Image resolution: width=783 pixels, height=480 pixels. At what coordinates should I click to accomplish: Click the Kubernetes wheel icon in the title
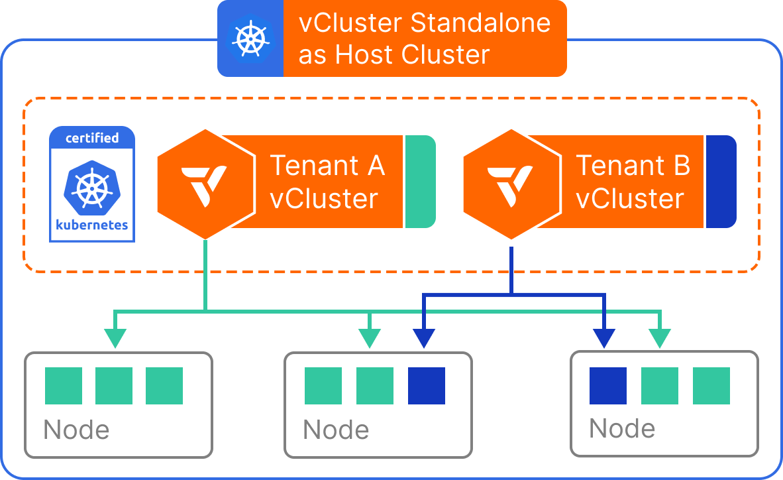click(250, 38)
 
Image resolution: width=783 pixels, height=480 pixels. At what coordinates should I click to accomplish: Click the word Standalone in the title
click(480, 23)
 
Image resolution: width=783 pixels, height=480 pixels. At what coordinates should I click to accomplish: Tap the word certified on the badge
click(92, 138)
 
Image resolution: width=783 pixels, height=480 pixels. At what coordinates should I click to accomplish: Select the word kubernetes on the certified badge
click(92, 225)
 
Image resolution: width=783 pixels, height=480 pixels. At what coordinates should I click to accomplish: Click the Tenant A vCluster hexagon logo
click(205, 183)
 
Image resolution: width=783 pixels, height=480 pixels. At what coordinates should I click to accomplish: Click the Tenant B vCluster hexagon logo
click(511, 183)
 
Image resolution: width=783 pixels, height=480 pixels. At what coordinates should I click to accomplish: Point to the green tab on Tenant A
click(420, 182)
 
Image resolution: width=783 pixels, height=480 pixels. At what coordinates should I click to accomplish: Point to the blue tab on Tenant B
click(721, 182)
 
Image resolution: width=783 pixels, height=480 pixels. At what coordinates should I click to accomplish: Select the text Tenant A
click(327, 165)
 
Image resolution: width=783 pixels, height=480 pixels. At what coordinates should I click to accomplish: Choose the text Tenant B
click(633, 165)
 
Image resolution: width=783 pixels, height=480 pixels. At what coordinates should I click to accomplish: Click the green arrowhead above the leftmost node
click(115, 339)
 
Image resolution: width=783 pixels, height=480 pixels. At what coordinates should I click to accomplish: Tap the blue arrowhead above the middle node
click(424, 339)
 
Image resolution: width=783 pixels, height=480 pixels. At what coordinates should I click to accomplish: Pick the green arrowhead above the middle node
click(370, 339)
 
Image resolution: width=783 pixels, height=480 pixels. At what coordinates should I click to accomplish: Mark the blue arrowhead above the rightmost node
click(603, 339)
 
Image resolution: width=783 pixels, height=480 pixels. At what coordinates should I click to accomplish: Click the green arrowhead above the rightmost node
click(659, 339)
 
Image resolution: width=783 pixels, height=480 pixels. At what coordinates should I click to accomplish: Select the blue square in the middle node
click(427, 386)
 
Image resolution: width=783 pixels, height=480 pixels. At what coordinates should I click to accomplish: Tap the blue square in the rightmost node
click(608, 386)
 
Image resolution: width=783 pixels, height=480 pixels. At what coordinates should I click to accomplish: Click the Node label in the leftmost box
click(76, 430)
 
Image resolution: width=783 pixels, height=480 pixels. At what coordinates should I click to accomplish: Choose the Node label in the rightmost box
click(622, 428)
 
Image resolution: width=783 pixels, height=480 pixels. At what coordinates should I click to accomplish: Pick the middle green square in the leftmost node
click(114, 386)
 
